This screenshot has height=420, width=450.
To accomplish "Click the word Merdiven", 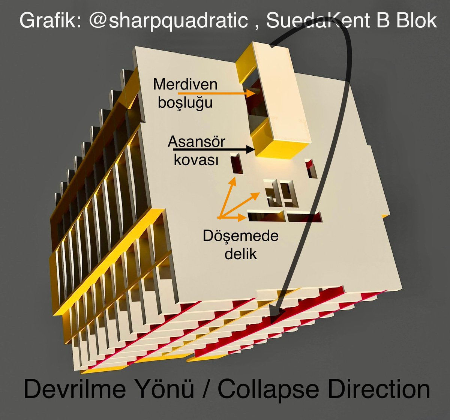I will coord(185,84).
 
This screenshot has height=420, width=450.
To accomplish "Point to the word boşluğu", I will coord(185,102).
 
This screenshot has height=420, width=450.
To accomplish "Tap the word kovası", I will coord(196,160).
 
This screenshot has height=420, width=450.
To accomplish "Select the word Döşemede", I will coord(240,236).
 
